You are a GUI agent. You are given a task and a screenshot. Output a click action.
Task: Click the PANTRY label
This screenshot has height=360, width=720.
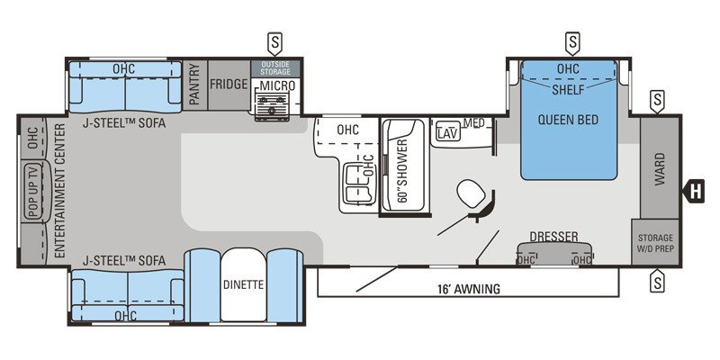click(x=194, y=84)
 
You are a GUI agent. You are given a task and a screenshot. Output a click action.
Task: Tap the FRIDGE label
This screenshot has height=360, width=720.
click(x=229, y=84)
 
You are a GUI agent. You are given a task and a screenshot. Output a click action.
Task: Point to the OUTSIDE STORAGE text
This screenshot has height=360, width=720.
click(x=275, y=68)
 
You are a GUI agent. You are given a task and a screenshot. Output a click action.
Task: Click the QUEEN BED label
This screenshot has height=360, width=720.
click(x=569, y=120)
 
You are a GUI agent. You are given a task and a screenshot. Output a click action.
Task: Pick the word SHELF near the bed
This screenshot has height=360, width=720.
click(x=569, y=90)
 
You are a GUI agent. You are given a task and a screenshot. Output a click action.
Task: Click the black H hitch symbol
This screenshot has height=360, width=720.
click(x=695, y=190)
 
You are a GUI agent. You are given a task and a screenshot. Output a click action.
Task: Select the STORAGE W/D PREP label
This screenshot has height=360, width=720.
click(x=655, y=243)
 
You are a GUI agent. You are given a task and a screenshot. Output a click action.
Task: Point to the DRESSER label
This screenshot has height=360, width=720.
click(x=553, y=237)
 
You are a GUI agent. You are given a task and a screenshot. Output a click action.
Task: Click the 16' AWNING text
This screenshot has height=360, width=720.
click(x=468, y=289)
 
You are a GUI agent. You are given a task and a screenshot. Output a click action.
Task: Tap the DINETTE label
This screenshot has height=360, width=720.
click(x=243, y=285)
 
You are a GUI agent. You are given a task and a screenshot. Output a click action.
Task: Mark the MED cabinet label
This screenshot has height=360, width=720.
click(x=473, y=123)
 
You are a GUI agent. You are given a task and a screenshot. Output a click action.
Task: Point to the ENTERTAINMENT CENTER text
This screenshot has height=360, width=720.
click(x=60, y=192)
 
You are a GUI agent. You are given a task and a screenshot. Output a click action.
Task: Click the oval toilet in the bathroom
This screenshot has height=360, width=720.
click(x=469, y=193)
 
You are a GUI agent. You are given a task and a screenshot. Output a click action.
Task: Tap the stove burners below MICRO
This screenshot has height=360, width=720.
click(x=272, y=106)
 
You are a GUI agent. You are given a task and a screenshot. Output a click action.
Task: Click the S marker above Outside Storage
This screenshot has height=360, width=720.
click(x=274, y=41)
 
